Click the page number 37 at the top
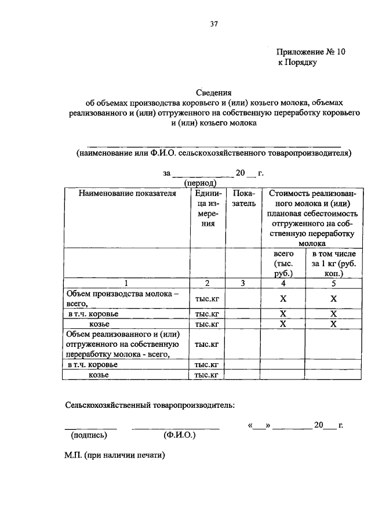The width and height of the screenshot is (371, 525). click(x=213, y=24)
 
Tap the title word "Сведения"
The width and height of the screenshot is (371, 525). click(x=213, y=92)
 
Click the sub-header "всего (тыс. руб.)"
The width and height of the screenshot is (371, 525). click(x=283, y=263)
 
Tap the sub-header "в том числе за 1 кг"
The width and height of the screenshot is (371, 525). click(x=333, y=263)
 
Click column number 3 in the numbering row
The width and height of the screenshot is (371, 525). click(x=243, y=283)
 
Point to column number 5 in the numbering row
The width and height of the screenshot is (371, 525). click(x=333, y=283)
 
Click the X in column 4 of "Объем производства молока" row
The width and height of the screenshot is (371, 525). click(x=283, y=299)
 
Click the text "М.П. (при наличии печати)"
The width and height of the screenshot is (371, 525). click(x=115, y=455)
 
